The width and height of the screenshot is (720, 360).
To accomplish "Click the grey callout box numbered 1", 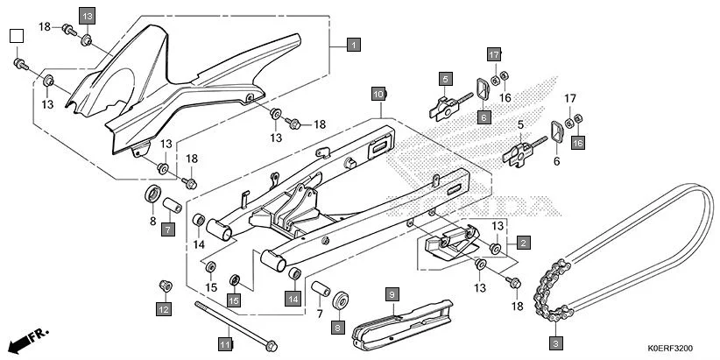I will click(352, 45).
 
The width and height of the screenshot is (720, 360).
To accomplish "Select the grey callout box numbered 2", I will click(522, 243).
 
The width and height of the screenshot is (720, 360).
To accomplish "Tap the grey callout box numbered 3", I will click(555, 342).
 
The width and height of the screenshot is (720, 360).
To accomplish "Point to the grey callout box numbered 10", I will click(378, 93).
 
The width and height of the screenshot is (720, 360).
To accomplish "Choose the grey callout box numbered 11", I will click(224, 344).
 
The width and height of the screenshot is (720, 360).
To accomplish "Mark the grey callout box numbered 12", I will click(163, 308).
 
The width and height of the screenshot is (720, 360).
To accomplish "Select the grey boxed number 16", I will click(577, 142).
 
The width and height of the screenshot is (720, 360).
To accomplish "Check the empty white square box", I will click(16, 36).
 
